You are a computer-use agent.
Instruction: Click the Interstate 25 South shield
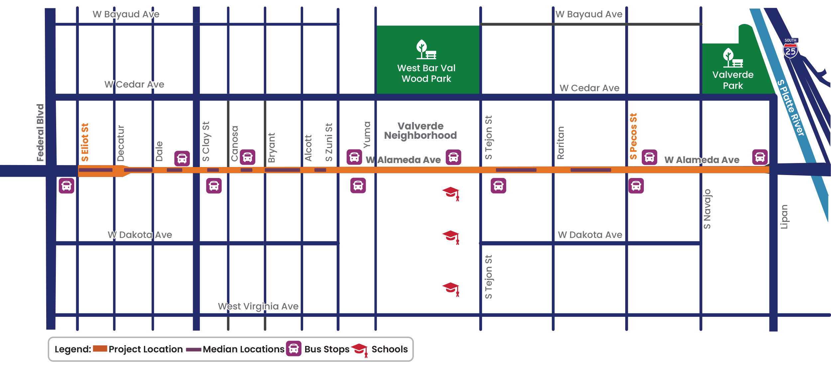pos(790,49)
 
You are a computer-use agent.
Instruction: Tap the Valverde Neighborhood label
pos(420,131)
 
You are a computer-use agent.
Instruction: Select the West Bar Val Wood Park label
pos(426,73)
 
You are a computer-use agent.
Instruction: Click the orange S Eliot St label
pos(85,142)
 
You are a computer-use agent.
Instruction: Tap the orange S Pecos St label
pos(633,136)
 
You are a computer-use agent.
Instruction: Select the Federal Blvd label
pos(40,133)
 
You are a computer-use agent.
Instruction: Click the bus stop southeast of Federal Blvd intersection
pos(66,186)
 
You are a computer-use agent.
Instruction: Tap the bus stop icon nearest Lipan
pos(760,157)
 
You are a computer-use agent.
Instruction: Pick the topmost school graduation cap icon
pos(451,193)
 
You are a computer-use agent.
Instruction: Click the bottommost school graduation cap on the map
pos(451,288)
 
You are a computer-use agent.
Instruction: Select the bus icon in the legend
pos(294,349)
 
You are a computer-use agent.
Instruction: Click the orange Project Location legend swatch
pos(100,348)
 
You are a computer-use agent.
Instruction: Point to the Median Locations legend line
pos(193,349)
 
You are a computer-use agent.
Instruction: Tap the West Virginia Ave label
pos(258,306)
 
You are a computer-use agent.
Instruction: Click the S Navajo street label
pos(707,209)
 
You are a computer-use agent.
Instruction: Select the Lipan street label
pos(784,217)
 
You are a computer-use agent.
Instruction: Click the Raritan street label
pos(560,143)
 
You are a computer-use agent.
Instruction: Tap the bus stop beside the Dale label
pos(182,159)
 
